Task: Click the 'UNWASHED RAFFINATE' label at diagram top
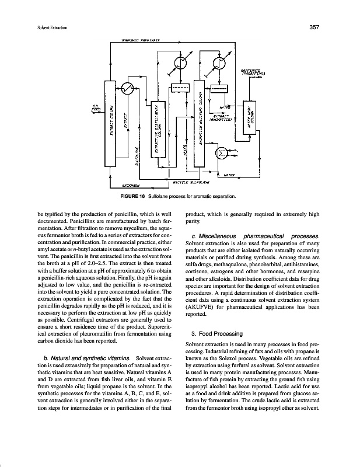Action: [141, 41]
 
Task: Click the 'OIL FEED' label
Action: [96, 109]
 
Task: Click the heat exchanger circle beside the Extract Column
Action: [125, 88]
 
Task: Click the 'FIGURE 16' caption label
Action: [135, 196]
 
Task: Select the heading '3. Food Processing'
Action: [217, 333]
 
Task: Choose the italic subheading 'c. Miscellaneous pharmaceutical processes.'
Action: [256, 235]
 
